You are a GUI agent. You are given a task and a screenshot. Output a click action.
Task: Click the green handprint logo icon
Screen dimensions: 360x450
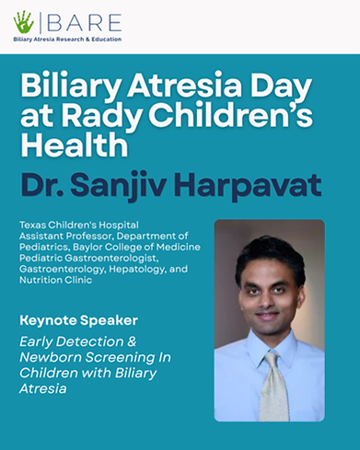[x=24, y=22]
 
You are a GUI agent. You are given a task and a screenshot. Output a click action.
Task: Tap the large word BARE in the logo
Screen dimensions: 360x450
[x=85, y=23]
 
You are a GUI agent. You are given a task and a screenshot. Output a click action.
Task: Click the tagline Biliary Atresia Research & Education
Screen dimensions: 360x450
[x=67, y=40]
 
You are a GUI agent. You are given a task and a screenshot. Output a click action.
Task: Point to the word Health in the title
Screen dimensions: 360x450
[x=74, y=145]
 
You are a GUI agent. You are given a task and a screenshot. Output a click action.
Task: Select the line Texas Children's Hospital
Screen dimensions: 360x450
[x=79, y=225]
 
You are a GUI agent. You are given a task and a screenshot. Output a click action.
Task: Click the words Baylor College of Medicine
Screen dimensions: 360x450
[x=136, y=247]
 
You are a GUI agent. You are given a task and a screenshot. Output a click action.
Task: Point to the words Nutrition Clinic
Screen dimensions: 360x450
[x=56, y=280]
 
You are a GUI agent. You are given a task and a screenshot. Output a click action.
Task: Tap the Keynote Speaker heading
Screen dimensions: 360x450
[x=79, y=321]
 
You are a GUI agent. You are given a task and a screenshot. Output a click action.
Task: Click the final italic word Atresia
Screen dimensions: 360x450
[x=43, y=388]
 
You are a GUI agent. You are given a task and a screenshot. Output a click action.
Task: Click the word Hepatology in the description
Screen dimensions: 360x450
[x=138, y=270]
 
